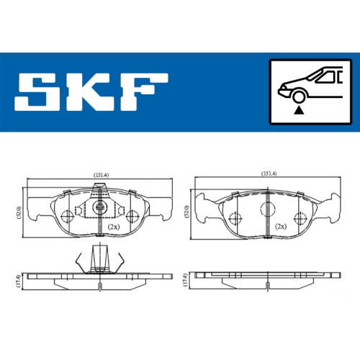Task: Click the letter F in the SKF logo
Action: click(x=145, y=92)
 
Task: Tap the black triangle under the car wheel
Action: click(x=299, y=110)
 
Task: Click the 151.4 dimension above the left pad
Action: click(x=101, y=175)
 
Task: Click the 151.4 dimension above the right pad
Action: click(x=269, y=174)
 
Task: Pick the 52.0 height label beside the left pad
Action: click(x=19, y=212)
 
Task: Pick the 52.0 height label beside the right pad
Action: click(x=187, y=212)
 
